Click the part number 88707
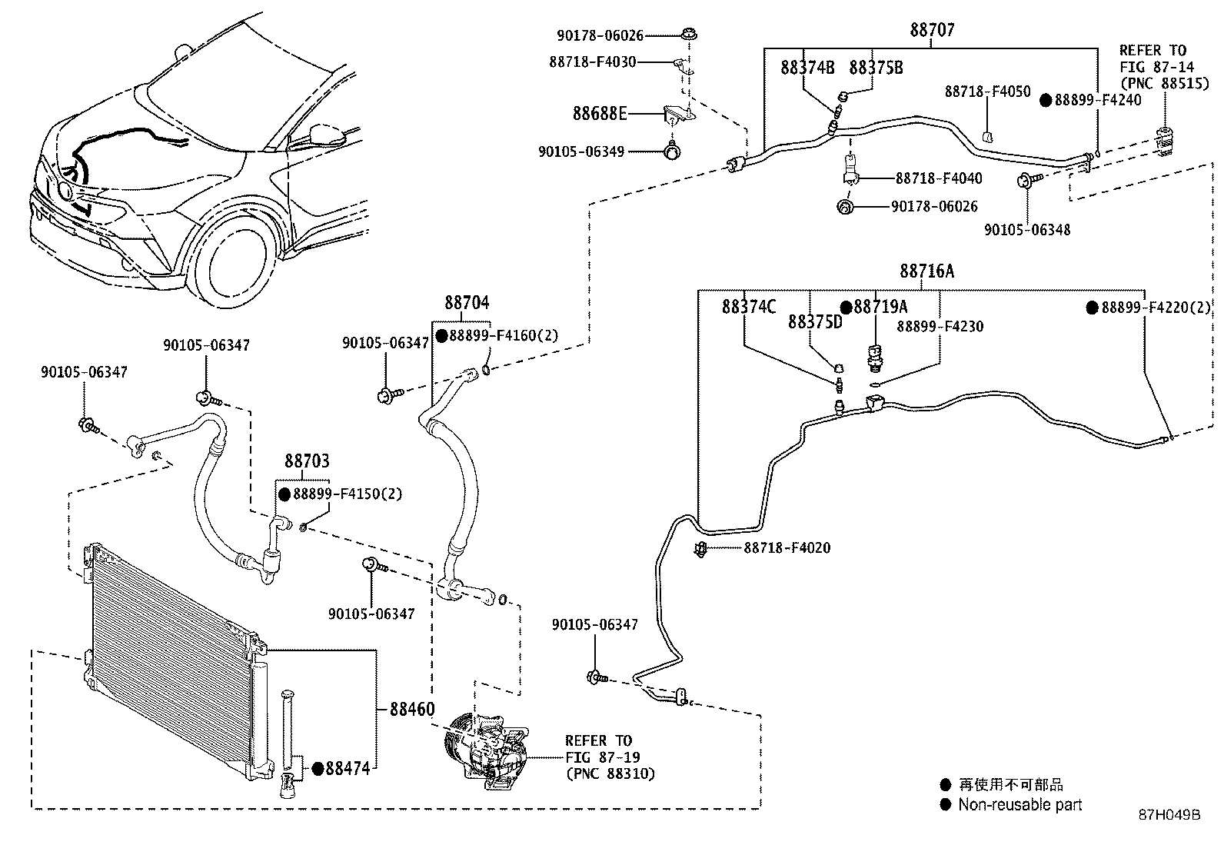coord(932,30)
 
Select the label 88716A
coord(927,271)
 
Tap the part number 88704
coord(466,303)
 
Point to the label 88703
coord(307,461)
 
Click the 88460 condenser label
coord(411,708)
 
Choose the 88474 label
coord(348,767)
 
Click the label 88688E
coord(600,114)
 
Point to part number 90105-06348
coord(1027,229)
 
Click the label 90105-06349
coord(581,151)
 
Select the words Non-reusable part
coord(1019,805)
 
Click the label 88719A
coord(880,307)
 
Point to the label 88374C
coord(749,307)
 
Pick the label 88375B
coord(876,68)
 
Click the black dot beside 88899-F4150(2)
coord(284,494)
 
